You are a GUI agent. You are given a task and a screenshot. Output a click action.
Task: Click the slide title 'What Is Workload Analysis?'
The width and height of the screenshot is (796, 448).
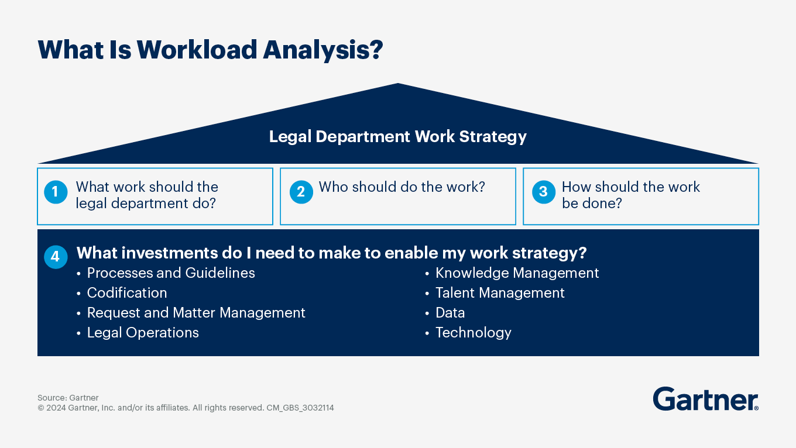pos(210,50)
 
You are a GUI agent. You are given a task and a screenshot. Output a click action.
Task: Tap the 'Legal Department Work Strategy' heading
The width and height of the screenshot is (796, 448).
pos(397,137)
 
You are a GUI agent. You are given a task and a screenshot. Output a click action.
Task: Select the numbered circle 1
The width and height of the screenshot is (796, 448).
pos(56,192)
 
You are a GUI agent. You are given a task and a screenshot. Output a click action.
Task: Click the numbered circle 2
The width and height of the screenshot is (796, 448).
pos(301,192)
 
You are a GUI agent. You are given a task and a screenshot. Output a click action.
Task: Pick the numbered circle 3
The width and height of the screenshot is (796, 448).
pos(543,192)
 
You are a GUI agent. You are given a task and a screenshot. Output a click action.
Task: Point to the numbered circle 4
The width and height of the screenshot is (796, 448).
pos(56,257)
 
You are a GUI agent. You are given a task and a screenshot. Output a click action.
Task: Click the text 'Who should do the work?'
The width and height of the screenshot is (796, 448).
pos(402,187)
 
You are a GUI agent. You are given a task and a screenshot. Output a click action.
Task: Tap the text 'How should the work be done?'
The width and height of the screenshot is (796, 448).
pos(630,195)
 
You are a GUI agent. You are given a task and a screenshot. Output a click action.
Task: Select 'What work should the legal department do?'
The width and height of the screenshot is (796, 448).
pos(147,195)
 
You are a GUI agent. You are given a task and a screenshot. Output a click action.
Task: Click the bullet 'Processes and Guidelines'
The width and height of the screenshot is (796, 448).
pos(170,273)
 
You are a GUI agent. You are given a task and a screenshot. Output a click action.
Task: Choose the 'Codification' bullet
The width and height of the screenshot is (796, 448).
pos(127,293)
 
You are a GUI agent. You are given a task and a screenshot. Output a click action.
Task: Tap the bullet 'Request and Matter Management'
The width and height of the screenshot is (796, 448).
pos(196,313)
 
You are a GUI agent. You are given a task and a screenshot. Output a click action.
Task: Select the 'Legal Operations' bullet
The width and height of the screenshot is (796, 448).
pos(143,333)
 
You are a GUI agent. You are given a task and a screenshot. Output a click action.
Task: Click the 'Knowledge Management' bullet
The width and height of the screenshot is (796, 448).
pos(517,273)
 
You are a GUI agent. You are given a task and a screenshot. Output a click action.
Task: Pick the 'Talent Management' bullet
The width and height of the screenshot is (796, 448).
pos(500,293)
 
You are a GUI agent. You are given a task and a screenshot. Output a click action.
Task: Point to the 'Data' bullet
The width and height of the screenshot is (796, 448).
pos(450,313)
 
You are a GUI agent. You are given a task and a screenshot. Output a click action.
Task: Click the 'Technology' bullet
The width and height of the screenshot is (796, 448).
pos(473,333)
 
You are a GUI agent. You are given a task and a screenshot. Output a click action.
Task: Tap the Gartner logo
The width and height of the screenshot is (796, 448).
pos(705,399)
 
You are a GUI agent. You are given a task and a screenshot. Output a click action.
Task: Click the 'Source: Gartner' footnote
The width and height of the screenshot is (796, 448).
pos(68,398)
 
